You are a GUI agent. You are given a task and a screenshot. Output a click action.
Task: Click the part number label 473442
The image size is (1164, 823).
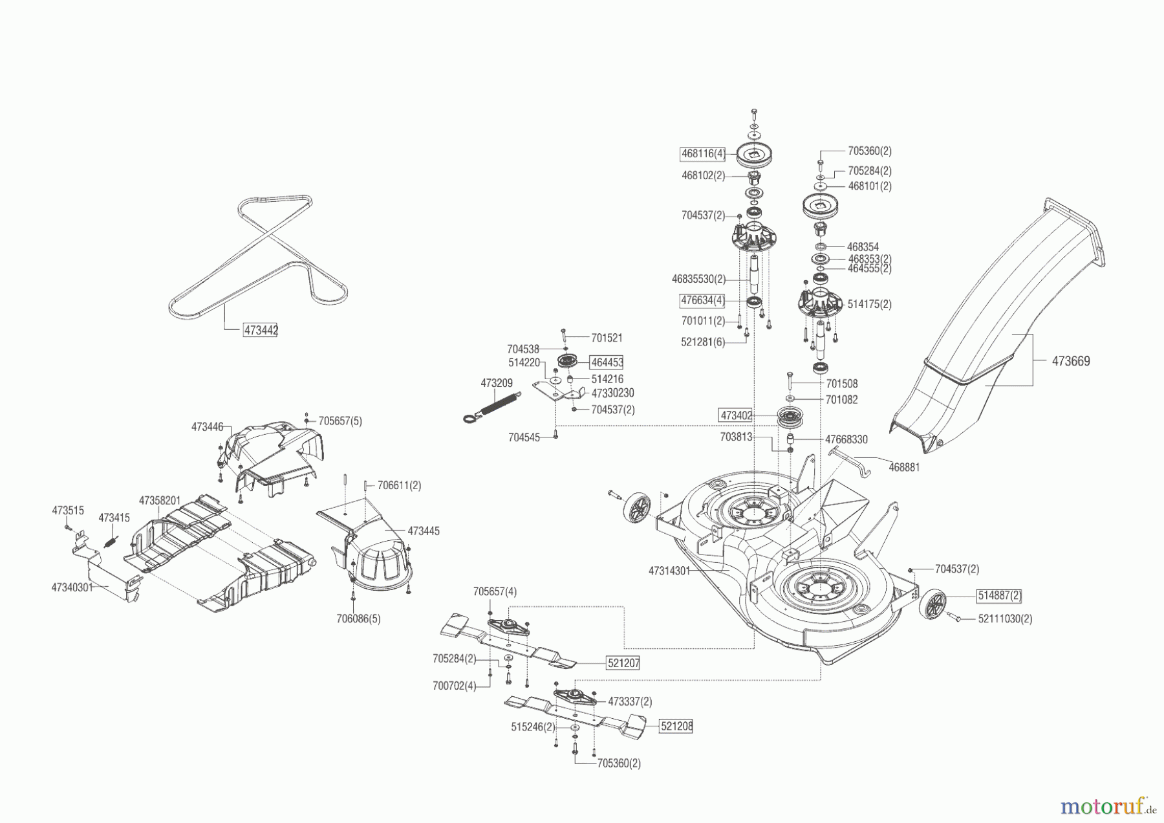coord(261,331)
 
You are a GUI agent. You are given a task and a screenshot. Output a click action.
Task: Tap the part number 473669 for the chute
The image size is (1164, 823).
coord(1071,361)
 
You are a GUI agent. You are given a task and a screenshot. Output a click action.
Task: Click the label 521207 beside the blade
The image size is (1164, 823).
coord(623,663)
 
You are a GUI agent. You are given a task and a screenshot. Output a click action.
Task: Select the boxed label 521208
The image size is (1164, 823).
coord(676,726)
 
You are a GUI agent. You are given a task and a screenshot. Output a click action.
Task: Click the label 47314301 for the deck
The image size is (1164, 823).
coord(669,571)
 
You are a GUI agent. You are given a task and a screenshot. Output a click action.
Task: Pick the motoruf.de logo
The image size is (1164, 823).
coord(1108,806)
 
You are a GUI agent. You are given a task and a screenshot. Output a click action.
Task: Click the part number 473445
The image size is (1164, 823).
coord(424,531)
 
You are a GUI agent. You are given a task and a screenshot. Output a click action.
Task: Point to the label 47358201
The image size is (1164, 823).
coord(160,501)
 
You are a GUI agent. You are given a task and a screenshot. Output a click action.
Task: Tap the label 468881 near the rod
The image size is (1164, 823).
coord(904,466)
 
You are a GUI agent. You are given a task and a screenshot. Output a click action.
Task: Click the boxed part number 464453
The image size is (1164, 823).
coord(607,362)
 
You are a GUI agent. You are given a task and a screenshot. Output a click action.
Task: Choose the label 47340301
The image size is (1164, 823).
coord(72,587)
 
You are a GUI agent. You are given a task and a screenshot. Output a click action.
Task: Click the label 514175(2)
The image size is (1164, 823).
coord(869,304)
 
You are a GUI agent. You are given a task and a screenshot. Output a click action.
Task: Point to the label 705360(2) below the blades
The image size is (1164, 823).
coord(619,763)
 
